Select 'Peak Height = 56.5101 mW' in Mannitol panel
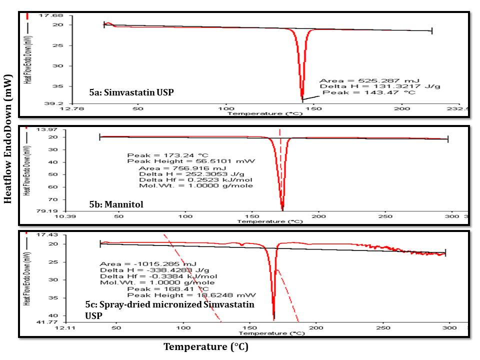(191, 161)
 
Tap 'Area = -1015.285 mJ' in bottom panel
(148, 264)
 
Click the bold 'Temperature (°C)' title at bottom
(206, 346)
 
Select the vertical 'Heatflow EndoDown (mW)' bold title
(7, 139)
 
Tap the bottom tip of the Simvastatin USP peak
(302, 98)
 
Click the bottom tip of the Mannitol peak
(282, 209)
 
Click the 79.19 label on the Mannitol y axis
(64, 212)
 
